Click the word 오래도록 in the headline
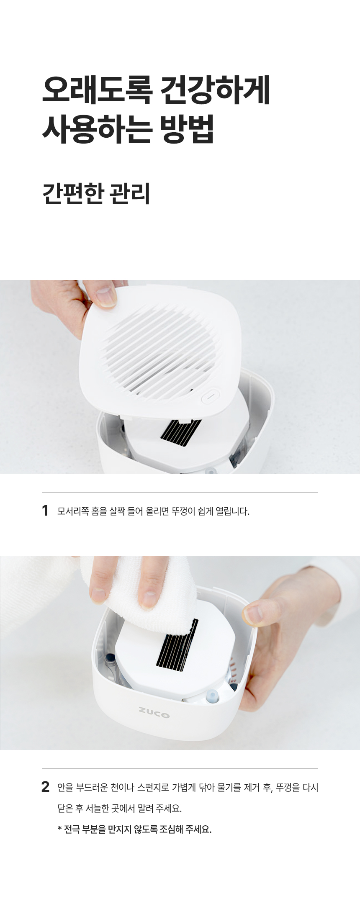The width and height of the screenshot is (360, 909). [96, 90]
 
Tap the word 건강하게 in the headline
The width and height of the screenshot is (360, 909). [216, 90]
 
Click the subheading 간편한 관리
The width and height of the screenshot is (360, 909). [96, 193]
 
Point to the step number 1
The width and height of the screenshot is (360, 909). [45, 511]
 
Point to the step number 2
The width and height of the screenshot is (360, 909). [46, 787]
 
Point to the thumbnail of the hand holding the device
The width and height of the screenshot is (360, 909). [254, 614]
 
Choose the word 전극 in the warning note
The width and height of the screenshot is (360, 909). [72, 829]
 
